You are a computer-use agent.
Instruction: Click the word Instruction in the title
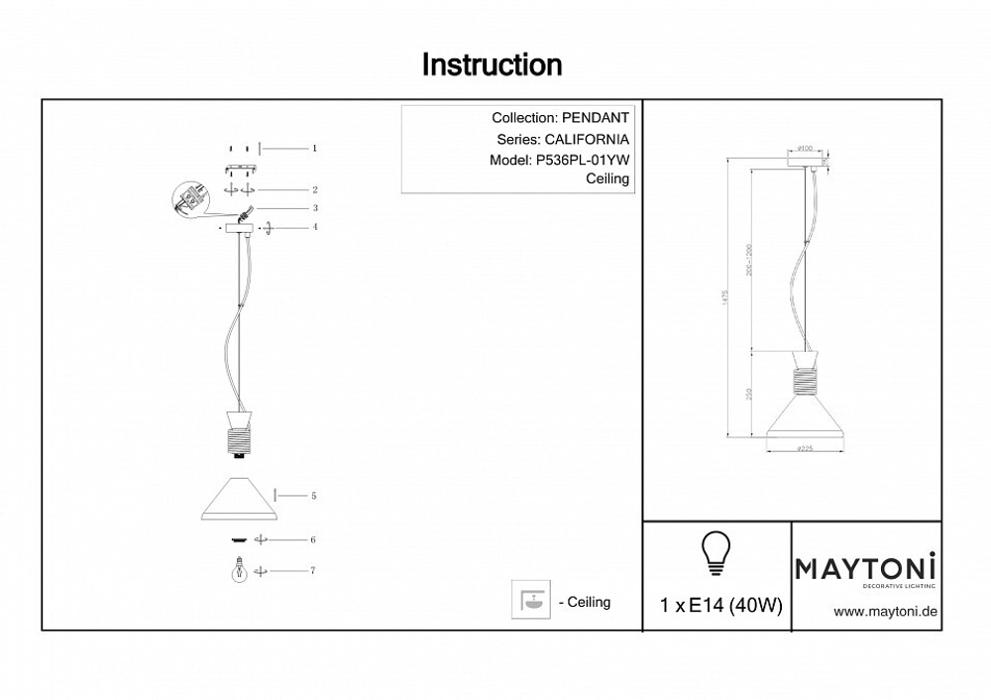(x=492, y=65)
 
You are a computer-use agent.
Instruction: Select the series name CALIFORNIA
(x=587, y=140)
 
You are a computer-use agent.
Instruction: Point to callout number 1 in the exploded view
(x=313, y=148)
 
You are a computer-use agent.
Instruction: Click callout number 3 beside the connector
(x=313, y=208)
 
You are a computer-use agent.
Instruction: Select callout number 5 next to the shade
(x=313, y=494)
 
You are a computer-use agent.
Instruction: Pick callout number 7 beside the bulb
(x=313, y=571)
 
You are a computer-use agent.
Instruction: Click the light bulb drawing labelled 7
(x=238, y=572)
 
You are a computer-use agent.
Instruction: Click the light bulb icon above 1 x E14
(x=715, y=553)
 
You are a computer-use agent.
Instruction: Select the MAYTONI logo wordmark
(x=866, y=568)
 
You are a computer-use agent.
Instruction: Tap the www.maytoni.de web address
(x=885, y=612)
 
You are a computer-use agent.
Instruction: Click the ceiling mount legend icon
(x=530, y=600)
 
